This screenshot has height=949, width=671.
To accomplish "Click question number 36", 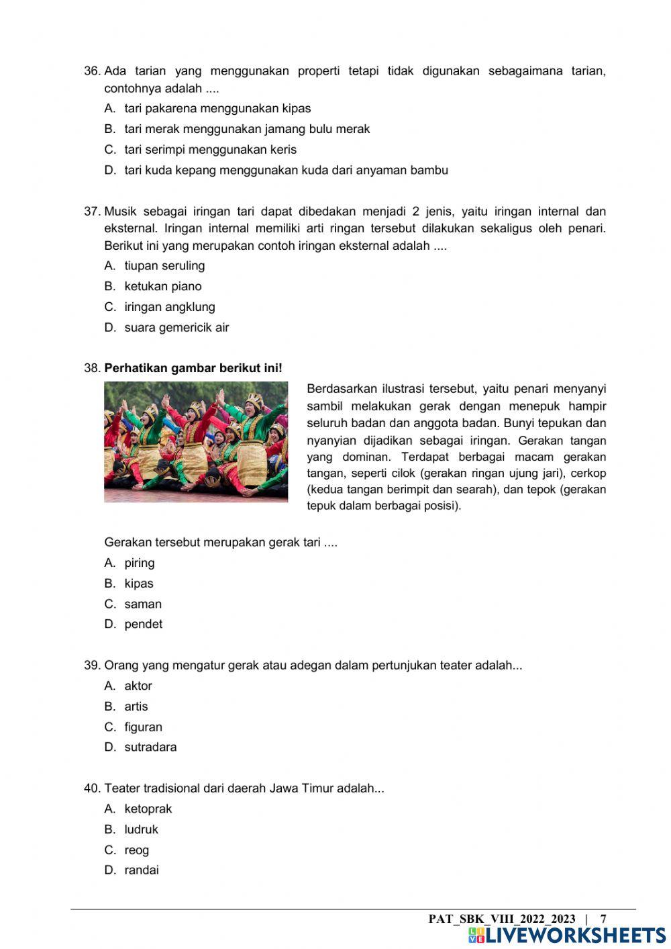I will pos(92,71).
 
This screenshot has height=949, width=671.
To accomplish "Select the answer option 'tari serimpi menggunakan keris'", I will pos(210,150).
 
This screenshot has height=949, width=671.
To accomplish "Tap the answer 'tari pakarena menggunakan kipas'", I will pos(217,109).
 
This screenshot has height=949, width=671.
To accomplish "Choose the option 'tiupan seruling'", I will pos(164,266).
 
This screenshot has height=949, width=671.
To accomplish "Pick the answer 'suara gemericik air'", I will pos(176,328).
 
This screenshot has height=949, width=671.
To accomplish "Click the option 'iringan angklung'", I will pos(170,307).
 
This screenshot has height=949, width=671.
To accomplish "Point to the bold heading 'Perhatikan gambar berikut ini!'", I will pos(193,369).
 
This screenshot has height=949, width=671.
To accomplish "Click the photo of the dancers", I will pos(196,442).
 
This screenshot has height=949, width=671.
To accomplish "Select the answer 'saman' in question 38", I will pos(143,604).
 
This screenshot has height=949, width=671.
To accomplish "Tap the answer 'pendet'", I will pos(143,625).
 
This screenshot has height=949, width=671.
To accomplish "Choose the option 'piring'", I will pos(140,563).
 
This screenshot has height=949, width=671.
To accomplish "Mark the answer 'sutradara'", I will pos(150,748).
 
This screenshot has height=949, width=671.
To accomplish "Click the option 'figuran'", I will pos(143,727).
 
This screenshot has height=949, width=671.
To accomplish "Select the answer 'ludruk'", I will pos(141,830).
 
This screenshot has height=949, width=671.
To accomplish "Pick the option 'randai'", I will pos(142,870).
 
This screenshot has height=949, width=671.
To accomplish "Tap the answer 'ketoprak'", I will pos(148,809).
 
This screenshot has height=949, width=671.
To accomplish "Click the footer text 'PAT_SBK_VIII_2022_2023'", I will pos(502,919).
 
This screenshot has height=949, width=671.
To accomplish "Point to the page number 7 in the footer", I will pos(603,919).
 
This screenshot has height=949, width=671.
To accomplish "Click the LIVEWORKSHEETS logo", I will pos(567,936).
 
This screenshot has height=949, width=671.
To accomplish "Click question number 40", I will pos(92,788).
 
